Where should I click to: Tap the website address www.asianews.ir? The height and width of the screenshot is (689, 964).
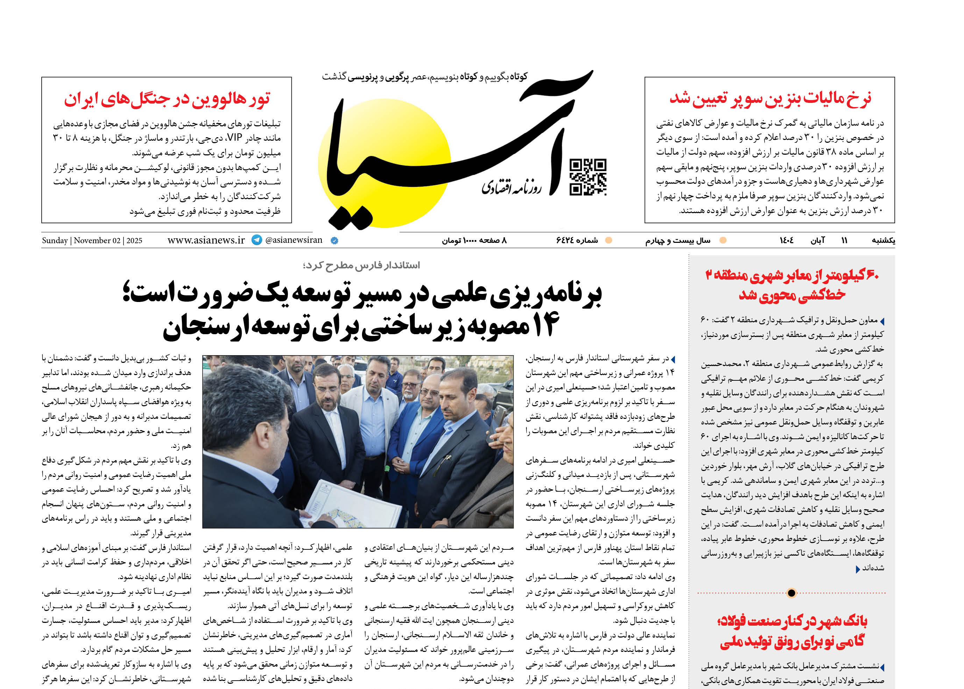click(x=206, y=240)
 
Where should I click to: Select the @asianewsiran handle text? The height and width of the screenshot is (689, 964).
click(x=293, y=240)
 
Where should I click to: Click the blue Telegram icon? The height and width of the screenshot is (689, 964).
click(x=257, y=240)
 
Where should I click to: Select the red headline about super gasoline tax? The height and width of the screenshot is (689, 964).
click(x=770, y=98)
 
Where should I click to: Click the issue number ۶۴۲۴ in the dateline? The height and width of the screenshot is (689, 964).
click(x=566, y=240)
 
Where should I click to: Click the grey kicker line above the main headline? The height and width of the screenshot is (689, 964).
click(x=361, y=266)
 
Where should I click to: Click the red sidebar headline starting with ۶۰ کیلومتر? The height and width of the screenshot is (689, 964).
click(x=792, y=284)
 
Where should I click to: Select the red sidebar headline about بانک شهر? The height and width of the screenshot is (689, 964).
click(x=792, y=631)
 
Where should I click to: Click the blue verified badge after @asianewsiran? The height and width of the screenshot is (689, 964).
click(x=334, y=240)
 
